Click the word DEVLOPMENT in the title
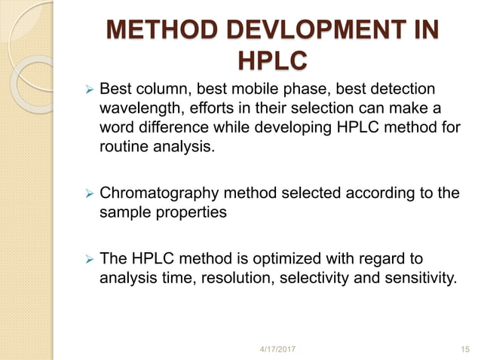[x=306, y=32]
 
